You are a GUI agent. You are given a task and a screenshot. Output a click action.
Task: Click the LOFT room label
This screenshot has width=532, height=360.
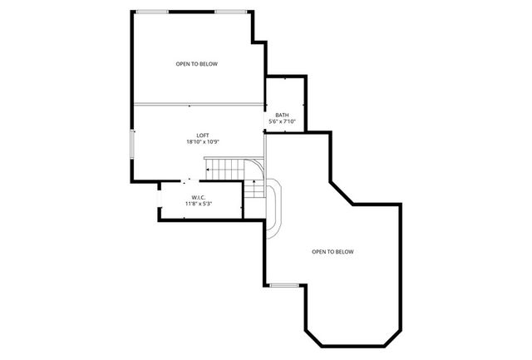[202, 136]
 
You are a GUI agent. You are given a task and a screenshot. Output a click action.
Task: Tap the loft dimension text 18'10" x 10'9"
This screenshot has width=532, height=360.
[202, 142]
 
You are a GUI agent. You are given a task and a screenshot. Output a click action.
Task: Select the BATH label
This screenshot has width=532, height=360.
[282, 115]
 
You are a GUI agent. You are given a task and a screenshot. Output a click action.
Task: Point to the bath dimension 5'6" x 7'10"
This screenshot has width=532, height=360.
[282, 121]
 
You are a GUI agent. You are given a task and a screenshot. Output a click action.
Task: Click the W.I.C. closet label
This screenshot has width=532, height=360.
[199, 197]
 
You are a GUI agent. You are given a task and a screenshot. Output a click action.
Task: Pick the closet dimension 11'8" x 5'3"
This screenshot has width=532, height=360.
[199, 204]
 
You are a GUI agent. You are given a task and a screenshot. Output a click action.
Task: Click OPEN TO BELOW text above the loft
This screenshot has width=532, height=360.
[196, 64]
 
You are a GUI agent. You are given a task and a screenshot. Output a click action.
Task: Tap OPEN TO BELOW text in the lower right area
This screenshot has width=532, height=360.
[332, 251]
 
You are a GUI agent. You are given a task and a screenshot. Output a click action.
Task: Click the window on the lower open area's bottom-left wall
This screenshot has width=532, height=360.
[284, 286]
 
